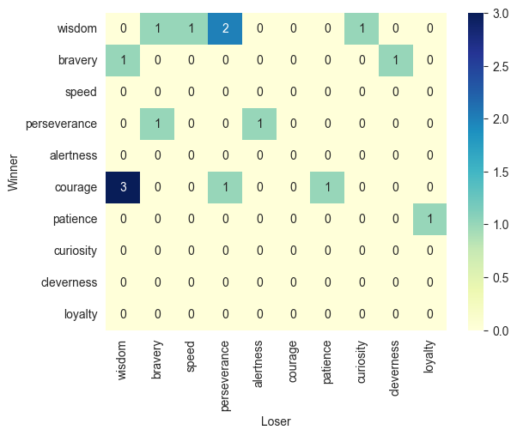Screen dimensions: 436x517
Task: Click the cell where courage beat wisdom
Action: [124, 188]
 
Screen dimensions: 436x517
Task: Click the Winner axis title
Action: [12, 173]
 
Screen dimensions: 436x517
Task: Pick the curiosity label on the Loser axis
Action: [362, 360]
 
